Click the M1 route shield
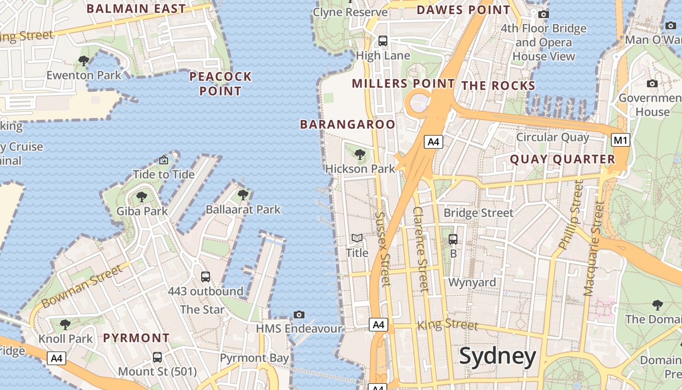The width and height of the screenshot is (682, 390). tap(620, 140)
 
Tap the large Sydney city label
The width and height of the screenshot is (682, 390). tap(497, 356)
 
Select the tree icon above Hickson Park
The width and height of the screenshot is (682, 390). tap(360, 155)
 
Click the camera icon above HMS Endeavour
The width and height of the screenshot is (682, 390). tap(299, 314)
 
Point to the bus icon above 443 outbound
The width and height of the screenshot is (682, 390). tap(206, 277)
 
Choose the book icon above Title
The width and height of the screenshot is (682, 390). tap(357, 238)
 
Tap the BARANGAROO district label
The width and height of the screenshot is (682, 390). tap(347, 124)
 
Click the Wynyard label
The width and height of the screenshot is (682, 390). tap(472, 282)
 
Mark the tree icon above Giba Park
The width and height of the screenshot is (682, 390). tap(141, 197)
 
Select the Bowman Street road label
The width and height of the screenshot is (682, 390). tap(82, 286)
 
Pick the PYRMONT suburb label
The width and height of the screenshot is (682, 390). tap(136, 338)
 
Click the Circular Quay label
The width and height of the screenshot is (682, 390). tap(552, 137)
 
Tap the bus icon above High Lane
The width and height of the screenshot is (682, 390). tap(383, 41)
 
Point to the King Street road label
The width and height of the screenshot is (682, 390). tap(448, 324)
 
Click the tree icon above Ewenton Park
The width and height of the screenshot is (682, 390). tap(84, 61)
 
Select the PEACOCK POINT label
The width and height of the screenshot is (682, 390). tap(220, 83)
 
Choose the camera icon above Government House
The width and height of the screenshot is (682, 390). tap(652, 84)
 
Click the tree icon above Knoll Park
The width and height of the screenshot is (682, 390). tap(65, 324)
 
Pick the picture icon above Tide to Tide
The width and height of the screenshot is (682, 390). tap(164, 160)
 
